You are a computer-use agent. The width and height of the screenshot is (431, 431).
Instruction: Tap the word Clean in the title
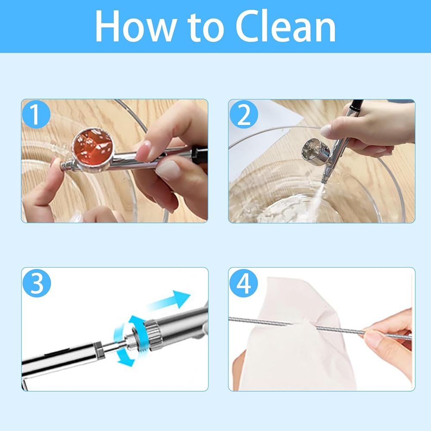tap(286, 26)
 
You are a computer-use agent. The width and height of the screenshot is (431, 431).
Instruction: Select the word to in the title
tap(206, 28)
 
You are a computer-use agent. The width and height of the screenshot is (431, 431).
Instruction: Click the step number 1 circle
tap(36, 114)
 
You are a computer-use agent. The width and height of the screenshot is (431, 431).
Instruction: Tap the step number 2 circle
tap(244, 114)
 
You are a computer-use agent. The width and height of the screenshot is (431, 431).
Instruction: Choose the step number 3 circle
tap(37, 283)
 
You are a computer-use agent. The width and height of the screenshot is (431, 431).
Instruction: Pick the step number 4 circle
tap(244, 283)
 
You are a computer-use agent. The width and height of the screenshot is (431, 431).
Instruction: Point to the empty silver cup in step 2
tap(315, 151)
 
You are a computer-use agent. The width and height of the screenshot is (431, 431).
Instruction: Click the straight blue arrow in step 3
tap(170, 301)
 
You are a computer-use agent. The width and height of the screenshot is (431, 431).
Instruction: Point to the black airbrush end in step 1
tap(200, 155)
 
